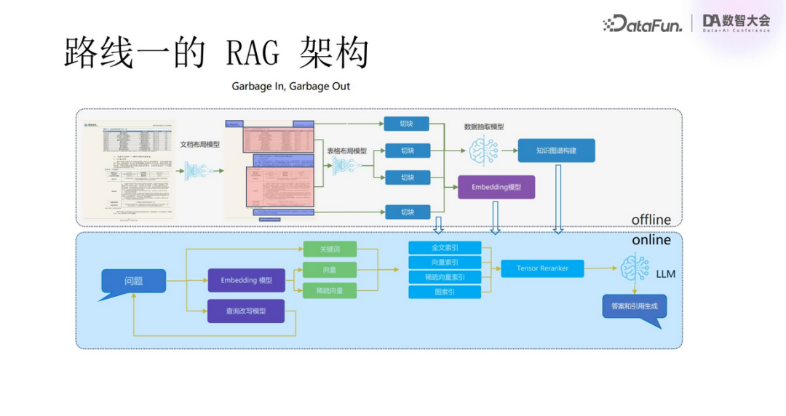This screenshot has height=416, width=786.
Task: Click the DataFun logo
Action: [x=643, y=24]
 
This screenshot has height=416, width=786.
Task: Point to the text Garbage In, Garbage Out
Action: [x=290, y=86]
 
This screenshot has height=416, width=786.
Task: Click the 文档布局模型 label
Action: [x=200, y=145]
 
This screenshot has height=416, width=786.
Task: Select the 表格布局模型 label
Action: [x=347, y=151]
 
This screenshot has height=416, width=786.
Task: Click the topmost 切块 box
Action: [x=407, y=124]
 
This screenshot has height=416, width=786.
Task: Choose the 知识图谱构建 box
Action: [x=556, y=151]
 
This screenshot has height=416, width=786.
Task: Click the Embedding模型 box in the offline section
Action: [x=496, y=187]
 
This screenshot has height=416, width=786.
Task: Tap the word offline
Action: [x=651, y=219]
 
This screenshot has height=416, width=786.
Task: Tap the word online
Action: [x=651, y=240]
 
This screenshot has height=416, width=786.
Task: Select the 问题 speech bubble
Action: [x=133, y=281]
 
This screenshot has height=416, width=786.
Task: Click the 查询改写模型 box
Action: [x=245, y=311]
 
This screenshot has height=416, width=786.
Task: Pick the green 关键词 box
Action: [x=330, y=249]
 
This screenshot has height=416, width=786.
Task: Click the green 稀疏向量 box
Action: [x=330, y=290]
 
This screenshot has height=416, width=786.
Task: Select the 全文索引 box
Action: [x=445, y=248]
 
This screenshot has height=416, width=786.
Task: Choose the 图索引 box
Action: [x=445, y=292]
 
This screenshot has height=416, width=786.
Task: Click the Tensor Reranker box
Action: [x=542, y=268]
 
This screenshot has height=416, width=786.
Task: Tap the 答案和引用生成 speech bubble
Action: [x=633, y=306]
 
